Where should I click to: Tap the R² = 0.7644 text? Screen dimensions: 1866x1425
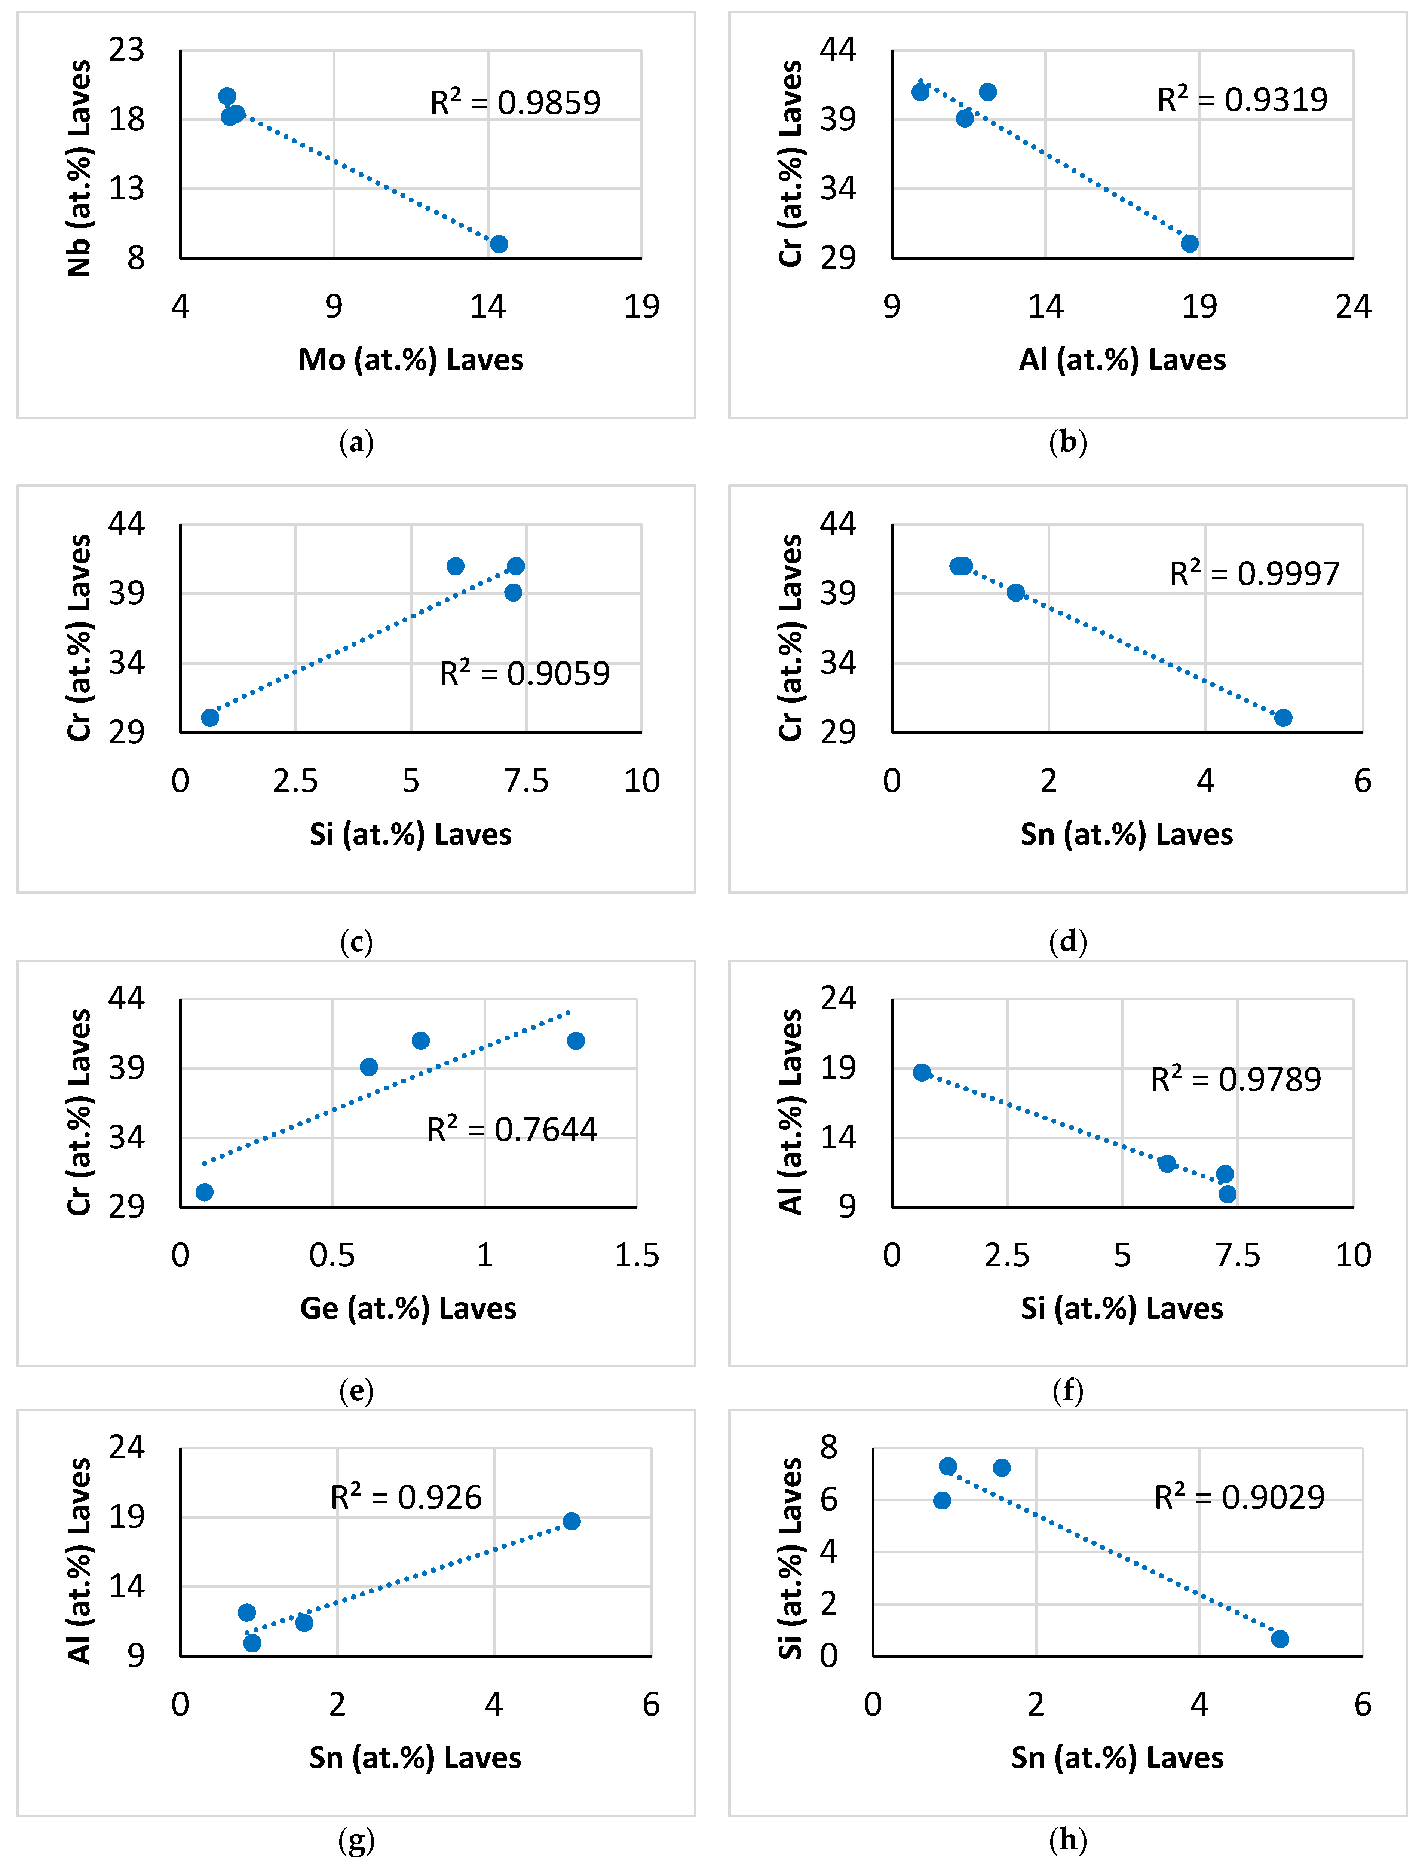[512, 1130]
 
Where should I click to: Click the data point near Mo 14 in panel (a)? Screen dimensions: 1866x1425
[499, 244]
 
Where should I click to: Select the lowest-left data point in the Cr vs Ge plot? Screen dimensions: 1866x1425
[205, 1193]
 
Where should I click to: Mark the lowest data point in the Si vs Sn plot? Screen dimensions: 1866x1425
[1280, 1639]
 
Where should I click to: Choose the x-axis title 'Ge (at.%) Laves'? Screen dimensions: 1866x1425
[408, 1309]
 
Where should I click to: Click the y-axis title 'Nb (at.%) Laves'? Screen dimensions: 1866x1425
[79, 169]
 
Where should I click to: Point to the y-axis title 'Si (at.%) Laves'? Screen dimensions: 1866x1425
[791, 1559]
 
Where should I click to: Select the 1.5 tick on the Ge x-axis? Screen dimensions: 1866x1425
[636, 1255]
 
